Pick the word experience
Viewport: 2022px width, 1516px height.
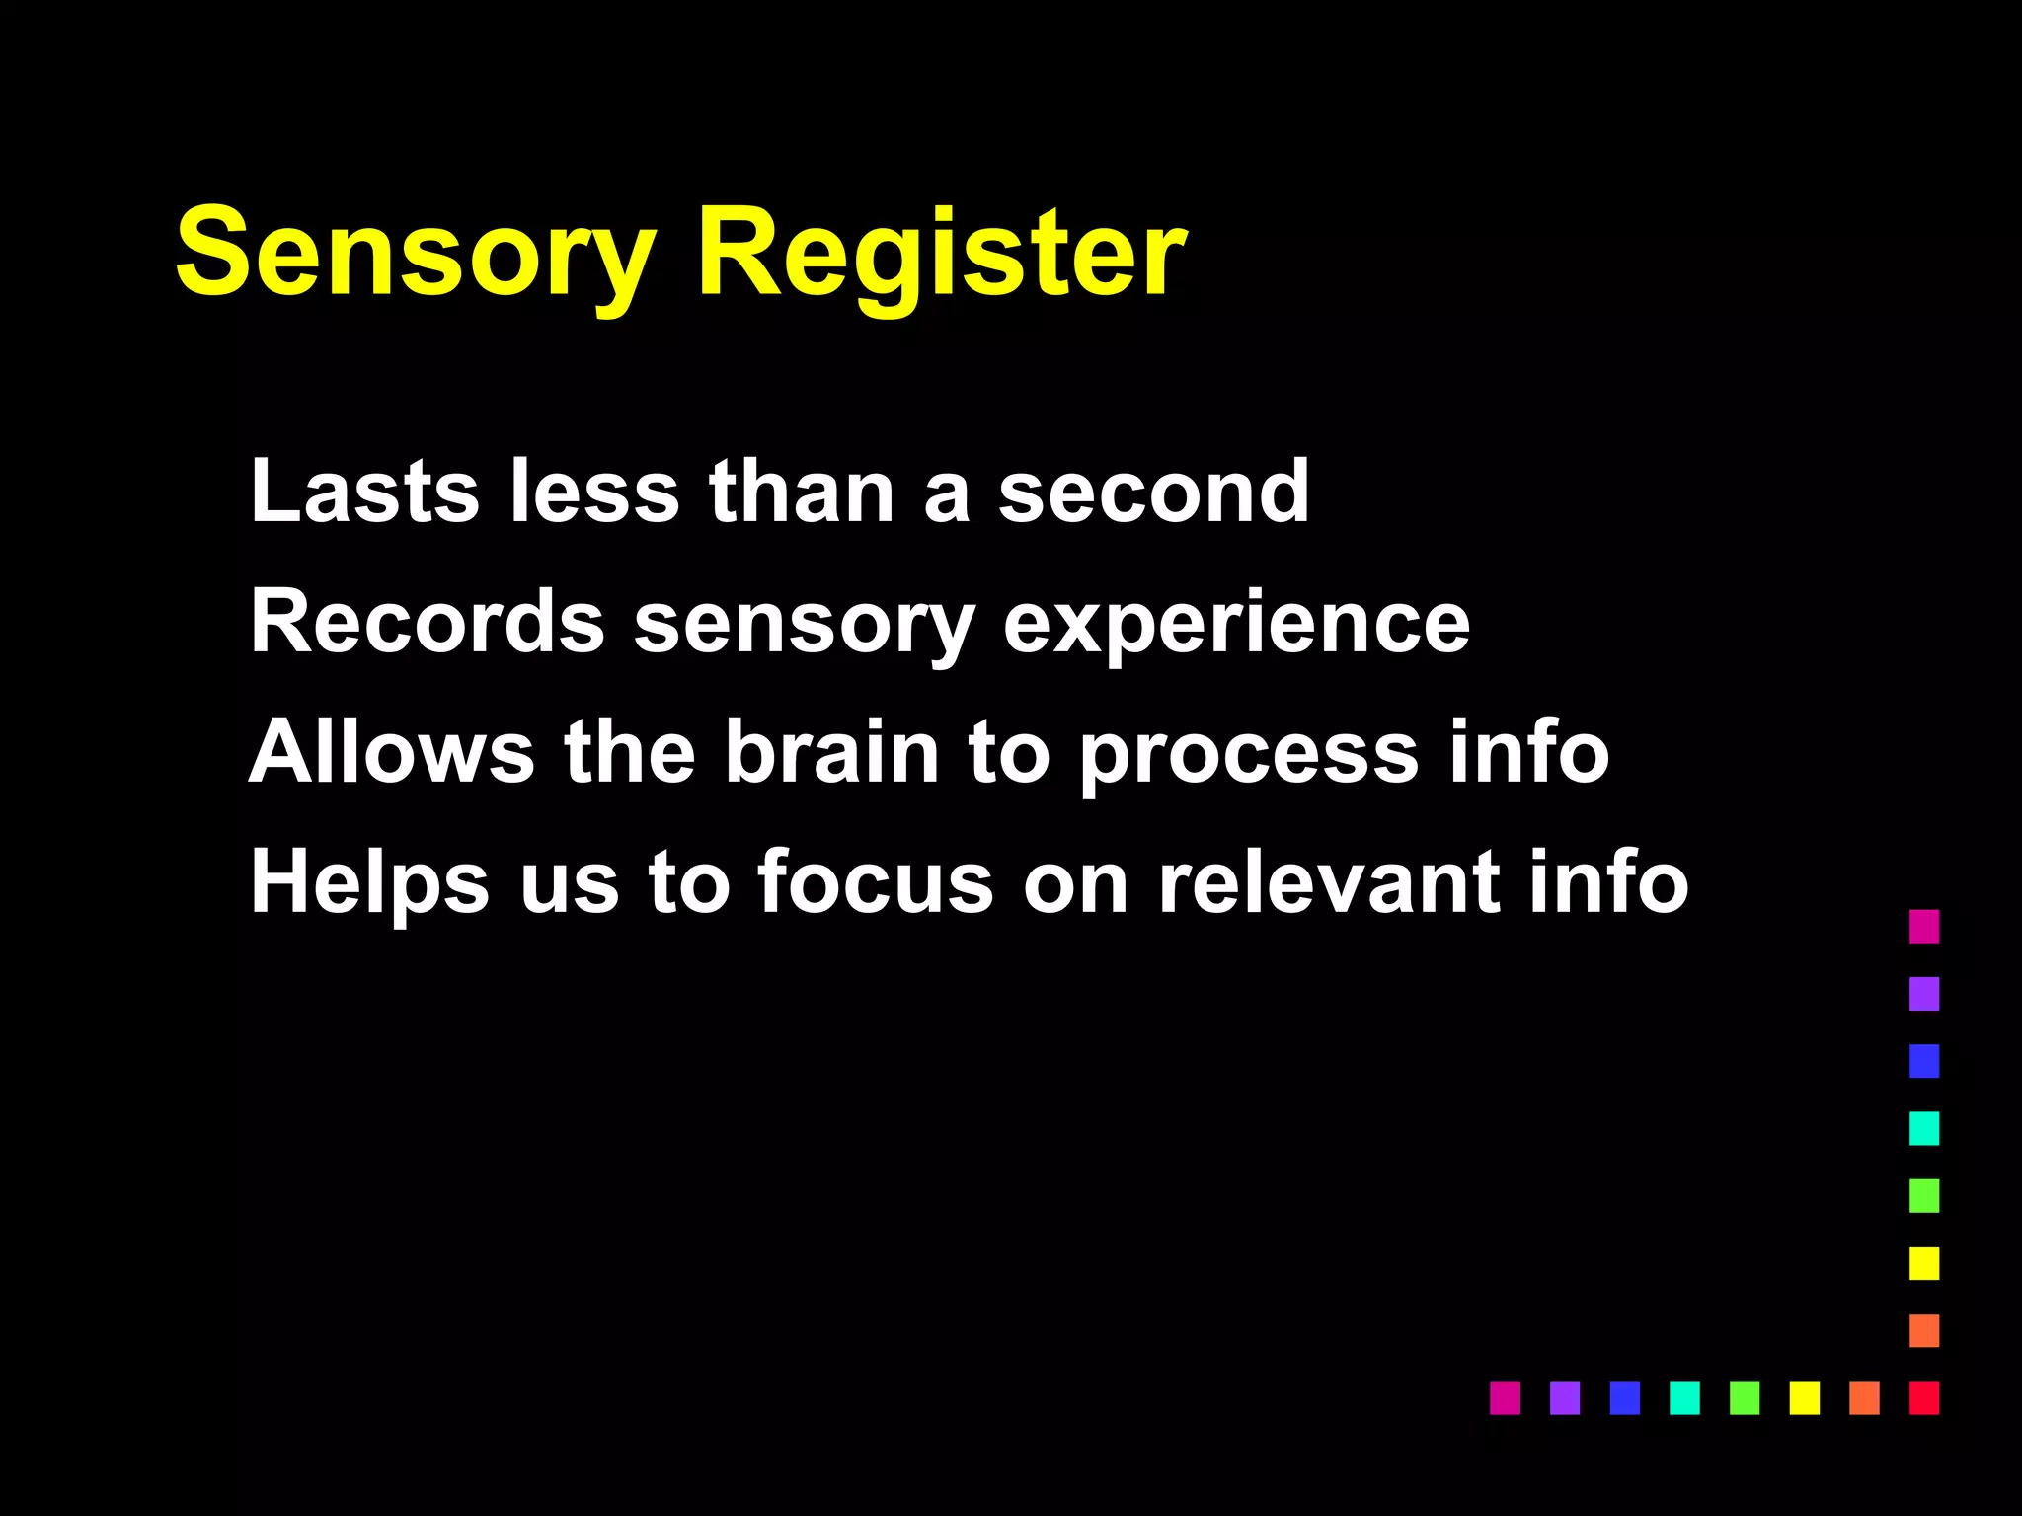point(1236,624)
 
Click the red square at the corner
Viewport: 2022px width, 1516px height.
point(1923,1398)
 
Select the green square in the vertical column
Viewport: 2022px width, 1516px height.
point(1923,1195)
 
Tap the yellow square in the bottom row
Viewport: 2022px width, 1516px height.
point(1804,1398)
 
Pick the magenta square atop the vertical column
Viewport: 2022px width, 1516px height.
point(1923,926)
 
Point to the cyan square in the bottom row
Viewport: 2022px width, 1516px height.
point(1684,1398)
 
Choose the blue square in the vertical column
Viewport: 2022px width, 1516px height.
point(1923,1061)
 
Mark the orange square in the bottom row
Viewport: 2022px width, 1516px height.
point(1864,1398)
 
